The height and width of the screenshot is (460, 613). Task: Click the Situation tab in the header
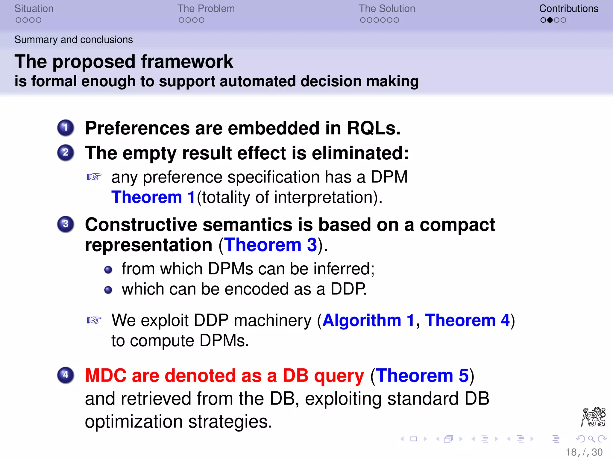[34, 9]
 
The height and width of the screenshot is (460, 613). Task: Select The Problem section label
[206, 9]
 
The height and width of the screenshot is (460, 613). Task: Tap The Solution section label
[387, 9]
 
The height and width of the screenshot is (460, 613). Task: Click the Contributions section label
[568, 9]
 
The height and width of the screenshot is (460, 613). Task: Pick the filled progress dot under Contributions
[550, 20]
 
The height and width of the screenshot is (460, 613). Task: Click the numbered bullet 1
[66, 128]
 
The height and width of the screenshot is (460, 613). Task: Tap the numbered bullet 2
[66, 153]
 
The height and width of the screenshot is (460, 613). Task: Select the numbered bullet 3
[66, 224]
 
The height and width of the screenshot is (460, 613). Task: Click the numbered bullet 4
[66, 375]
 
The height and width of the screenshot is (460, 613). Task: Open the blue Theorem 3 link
[271, 245]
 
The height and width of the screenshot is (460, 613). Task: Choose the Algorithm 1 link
[368, 320]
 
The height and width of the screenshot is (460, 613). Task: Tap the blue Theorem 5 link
[422, 376]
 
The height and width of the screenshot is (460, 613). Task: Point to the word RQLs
[373, 128]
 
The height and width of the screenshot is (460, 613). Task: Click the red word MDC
[106, 376]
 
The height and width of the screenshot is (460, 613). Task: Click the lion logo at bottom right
[593, 417]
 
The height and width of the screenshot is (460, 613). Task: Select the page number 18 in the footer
[571, 452]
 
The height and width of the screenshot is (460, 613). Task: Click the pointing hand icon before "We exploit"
[94, 320]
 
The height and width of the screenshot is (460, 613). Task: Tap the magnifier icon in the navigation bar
[591, 439]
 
